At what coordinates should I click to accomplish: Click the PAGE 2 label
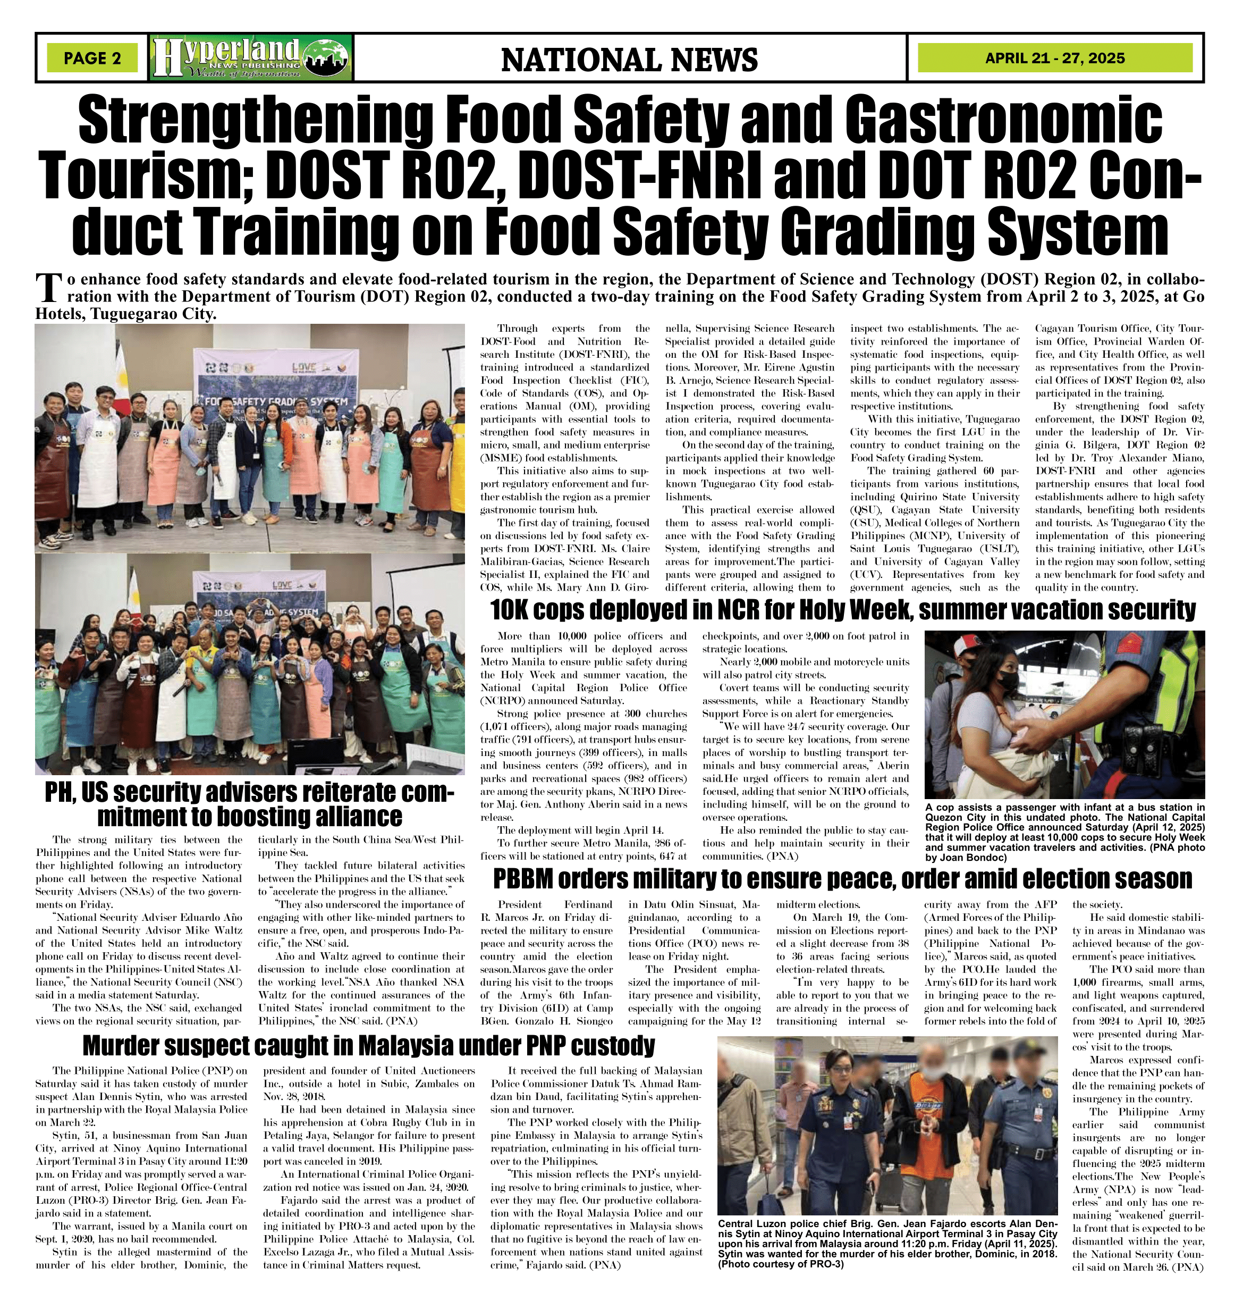pyautogui.click(x=93, y=58)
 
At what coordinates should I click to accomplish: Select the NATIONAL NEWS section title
pyautogui.click(x=629, y=60)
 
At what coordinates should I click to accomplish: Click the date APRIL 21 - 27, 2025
pyautogui.click(x=1055, y=58)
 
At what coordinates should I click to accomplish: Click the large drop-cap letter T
pyautogui.click(x=46, y=288)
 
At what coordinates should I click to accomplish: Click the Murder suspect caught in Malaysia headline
pyautogui.click(x=368, y=1045)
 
